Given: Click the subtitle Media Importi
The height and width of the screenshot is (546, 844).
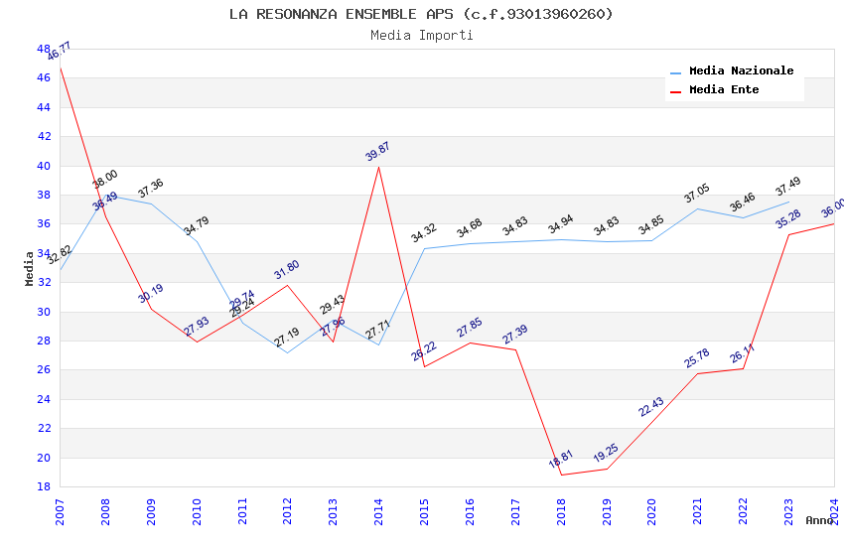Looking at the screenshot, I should tap(421, 35).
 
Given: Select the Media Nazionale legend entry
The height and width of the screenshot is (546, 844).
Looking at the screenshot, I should tap(741, 71).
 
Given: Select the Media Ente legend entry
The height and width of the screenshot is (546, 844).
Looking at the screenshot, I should tap(724, 90).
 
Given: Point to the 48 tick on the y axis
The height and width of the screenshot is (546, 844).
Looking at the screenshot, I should tap(44, 49).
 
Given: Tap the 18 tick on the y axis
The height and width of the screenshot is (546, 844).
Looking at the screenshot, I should tap(44, 486).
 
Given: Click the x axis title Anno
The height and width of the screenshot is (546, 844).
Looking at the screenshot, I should tap(819, 520).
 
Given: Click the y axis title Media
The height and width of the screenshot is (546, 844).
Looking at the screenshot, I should tap(30, 268).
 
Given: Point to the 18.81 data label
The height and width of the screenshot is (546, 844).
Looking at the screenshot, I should tap(561, 460).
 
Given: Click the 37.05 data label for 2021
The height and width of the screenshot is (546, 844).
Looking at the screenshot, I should tap(697, 194).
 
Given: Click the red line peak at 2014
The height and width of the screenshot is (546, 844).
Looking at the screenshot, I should tap(378, 167).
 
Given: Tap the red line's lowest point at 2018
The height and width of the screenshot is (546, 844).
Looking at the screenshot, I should tap(561, 475).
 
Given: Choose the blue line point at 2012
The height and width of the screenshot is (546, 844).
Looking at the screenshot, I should tap(287, 352).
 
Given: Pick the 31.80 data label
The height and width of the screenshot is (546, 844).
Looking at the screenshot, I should tap(287, 270).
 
